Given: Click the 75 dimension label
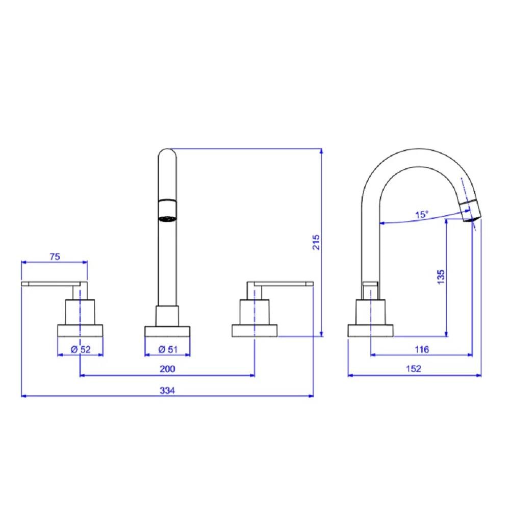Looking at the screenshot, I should coord(55,257).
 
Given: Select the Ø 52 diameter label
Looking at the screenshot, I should coord(81,349).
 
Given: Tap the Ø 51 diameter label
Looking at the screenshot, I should coord(168,349).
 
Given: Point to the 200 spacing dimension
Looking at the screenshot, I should coord(168,369).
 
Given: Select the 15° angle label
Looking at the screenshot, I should coord(421,215).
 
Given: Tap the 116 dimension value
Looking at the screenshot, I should coord(421,349).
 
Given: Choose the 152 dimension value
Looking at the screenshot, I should coord(414,369).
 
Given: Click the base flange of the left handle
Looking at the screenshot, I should coord(81,330).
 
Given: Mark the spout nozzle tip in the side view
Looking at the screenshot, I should coord(470,212).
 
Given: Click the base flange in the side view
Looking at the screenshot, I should coord(371,330).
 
